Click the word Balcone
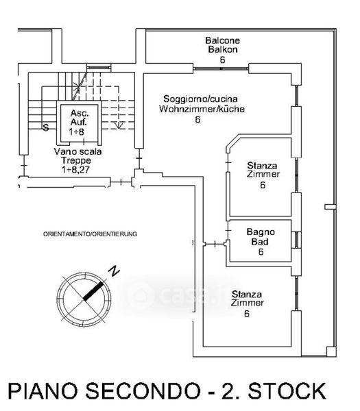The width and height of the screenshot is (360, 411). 222,40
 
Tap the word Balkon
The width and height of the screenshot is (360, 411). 223,49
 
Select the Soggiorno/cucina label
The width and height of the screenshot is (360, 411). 200,99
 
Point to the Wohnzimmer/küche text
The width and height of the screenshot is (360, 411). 202,109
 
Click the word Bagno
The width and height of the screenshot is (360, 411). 261,232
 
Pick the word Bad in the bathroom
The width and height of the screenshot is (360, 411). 260,241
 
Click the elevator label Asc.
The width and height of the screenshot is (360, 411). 80,113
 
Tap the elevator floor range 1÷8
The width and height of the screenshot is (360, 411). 77,132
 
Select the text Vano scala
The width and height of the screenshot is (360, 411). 77,151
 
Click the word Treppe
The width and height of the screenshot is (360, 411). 76,160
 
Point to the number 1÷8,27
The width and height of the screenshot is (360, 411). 76,170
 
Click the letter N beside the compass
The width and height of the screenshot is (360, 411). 114,271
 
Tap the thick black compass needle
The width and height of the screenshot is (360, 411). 93,291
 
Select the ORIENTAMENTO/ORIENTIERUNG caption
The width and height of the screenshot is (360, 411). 90,234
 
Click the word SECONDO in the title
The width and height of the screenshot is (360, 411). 143,391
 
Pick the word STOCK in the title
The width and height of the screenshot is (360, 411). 287,391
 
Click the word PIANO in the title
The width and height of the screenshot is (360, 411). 43,391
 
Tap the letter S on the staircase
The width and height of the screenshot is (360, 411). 46,127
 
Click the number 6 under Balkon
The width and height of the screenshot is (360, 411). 222,60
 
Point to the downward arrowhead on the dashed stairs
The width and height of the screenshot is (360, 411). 119,125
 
